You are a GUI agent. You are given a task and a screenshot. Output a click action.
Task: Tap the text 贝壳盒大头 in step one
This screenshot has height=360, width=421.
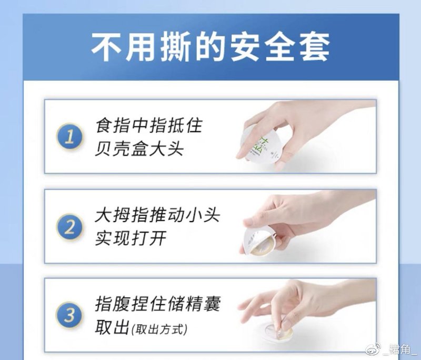139,149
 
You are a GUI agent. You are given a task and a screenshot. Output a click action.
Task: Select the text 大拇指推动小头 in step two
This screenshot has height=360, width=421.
157,216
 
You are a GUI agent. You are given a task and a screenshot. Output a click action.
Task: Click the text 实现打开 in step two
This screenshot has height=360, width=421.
131,238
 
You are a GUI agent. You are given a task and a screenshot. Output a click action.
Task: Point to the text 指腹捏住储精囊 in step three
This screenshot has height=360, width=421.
157,304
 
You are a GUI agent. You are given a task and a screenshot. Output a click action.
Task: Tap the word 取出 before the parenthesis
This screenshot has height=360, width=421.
112,327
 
